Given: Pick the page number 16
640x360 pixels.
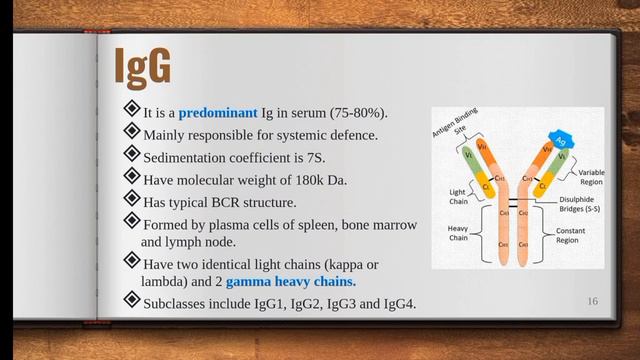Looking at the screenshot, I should [x=592, y=301].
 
